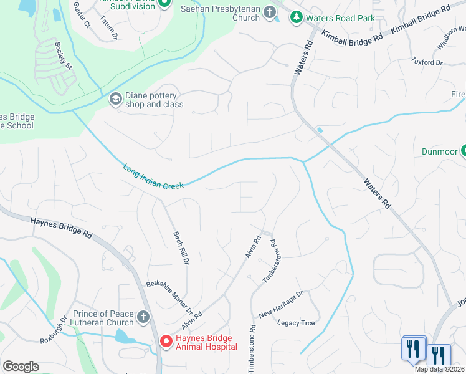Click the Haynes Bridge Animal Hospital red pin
[x=166, y=342]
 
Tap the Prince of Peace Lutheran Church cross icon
[x=143, y=317]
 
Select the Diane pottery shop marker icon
[x=115, y=99]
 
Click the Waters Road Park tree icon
[x=297, y=17]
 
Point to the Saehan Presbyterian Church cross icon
[x=269, y=12]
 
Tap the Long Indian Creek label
[x=153, y=177]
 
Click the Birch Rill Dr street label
[x=180, y=247]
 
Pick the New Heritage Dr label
[x=280, y=304]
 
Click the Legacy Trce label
[x=296, y=323]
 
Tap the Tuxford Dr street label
[x=427, y=62]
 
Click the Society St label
[x=64, y=55]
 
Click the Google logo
[x=21, y=367]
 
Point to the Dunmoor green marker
[x=464, y=151]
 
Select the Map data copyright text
[x=439, y=369]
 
